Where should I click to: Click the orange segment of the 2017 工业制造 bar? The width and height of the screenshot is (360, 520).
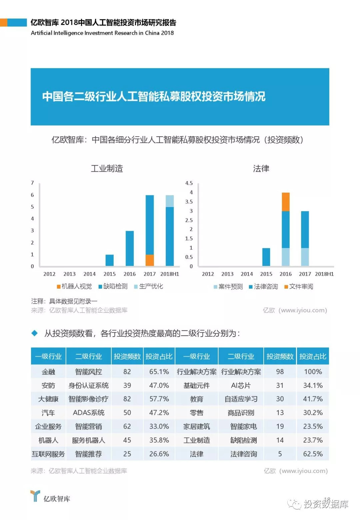(x=150, y=260)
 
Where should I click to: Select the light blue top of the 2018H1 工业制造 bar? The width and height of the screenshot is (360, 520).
(x=170, y=201)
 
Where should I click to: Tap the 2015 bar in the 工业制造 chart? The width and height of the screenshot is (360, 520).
(x=109, y=260)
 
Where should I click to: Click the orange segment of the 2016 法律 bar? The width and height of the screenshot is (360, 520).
(x=286, y=202)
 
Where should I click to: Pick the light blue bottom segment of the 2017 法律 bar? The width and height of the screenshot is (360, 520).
(x=305, y=257)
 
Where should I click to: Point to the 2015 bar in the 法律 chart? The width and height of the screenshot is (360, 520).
(x=266, y=257)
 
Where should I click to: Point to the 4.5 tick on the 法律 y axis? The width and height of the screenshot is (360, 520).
(x=189, y=183)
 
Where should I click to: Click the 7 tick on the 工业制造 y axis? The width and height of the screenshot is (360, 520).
(x=32, y=183)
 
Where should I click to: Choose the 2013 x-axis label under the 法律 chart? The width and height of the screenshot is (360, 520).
(x=227, y=274)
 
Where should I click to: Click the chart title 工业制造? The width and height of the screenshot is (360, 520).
(x=107, y=168)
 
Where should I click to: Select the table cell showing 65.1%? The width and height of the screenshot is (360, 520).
(x=159, y=372)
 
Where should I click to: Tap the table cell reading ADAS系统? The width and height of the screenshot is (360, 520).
(x=88, y=413)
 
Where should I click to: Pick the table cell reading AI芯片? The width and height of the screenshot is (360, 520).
(x=241, y=385)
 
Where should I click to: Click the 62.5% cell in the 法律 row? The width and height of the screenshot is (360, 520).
(x=313, y=454)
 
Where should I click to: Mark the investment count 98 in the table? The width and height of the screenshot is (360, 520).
(x=280, y=372)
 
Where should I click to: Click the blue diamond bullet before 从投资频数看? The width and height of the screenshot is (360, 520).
(x=35, y=333)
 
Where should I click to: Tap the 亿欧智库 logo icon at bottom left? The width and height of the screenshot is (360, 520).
(x=35, y=496)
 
